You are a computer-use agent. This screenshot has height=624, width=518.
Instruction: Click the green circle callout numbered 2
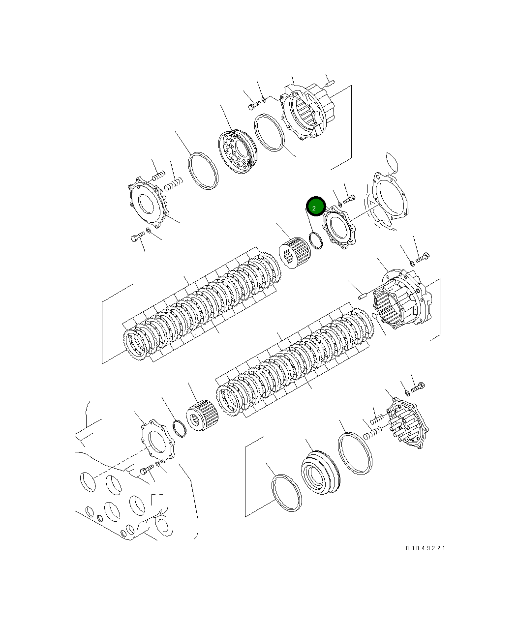click(315, 206)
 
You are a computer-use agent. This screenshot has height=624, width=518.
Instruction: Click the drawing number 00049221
click(426, 548)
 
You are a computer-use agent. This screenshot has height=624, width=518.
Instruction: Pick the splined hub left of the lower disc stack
click(202, 415)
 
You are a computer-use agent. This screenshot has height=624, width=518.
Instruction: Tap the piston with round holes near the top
click(238, 151)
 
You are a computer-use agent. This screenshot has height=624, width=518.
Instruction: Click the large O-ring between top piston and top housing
click(269, 132)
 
